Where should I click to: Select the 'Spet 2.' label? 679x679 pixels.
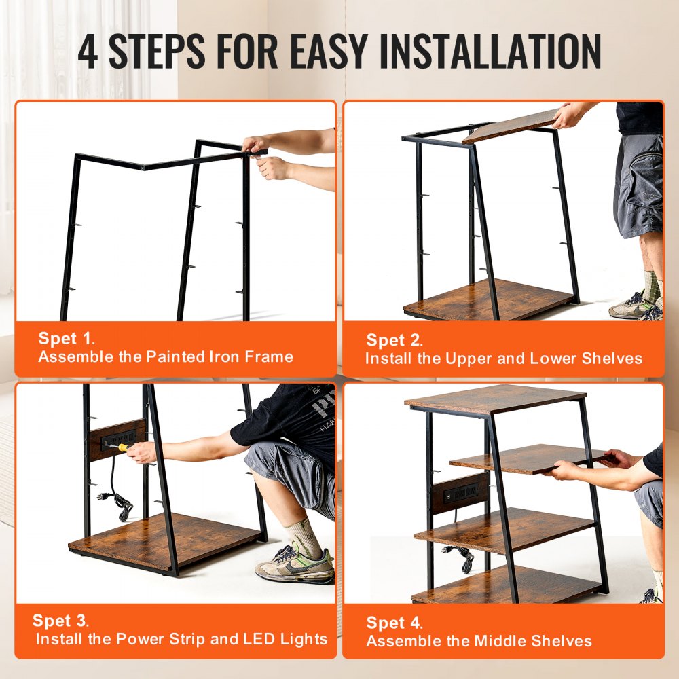coord(394,340)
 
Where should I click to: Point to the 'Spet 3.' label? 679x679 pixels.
coord(61,621)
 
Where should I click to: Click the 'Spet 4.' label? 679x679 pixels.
coord(394,623)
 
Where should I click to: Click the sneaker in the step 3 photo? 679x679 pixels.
coord(294,564)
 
